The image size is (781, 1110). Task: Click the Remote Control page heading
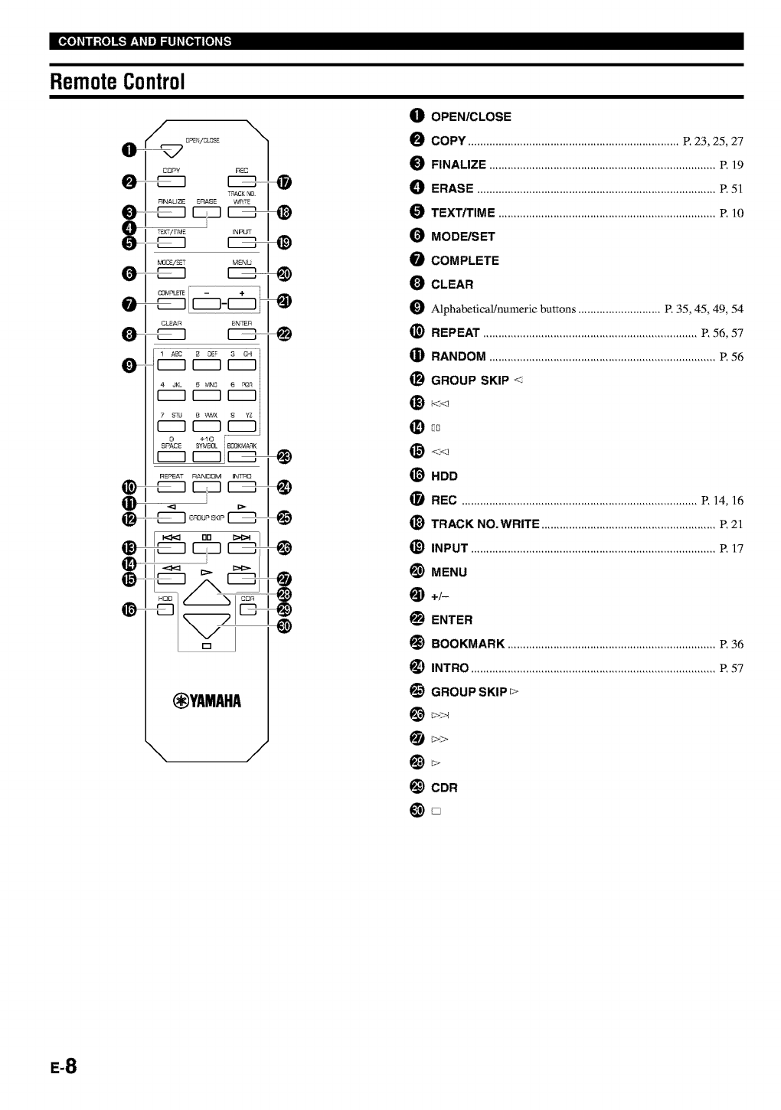click(118, 81)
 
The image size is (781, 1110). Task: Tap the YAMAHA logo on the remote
click(207, 701)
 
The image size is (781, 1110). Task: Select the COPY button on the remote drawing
click(172, 181)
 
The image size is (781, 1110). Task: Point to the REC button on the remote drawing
click(242, 181)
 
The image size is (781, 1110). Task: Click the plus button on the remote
click(241, 304)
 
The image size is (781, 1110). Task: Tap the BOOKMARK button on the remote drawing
click(242, 457)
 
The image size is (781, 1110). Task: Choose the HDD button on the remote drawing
click(165, 610)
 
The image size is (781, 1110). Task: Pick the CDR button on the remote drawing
click(247, 610)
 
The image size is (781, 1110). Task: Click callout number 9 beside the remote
click(131, 365)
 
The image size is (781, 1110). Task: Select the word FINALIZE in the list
click(458, 165)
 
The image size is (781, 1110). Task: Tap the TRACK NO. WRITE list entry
click(485, 524)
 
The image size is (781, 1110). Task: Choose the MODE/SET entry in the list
click(462, 237)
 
